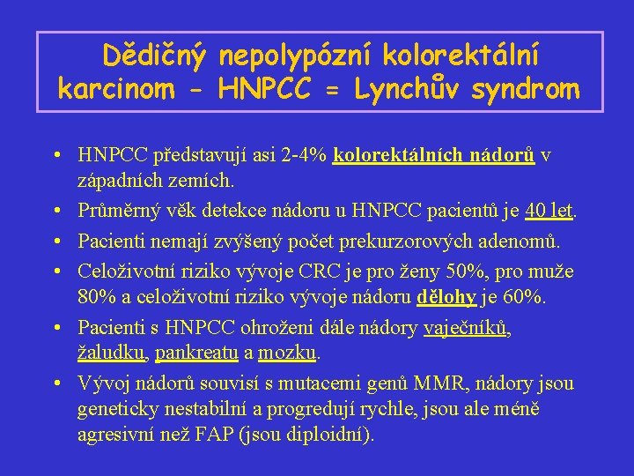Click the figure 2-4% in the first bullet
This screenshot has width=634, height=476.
click(302, 156)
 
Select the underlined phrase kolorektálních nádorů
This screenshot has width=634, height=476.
click(435, 156)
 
